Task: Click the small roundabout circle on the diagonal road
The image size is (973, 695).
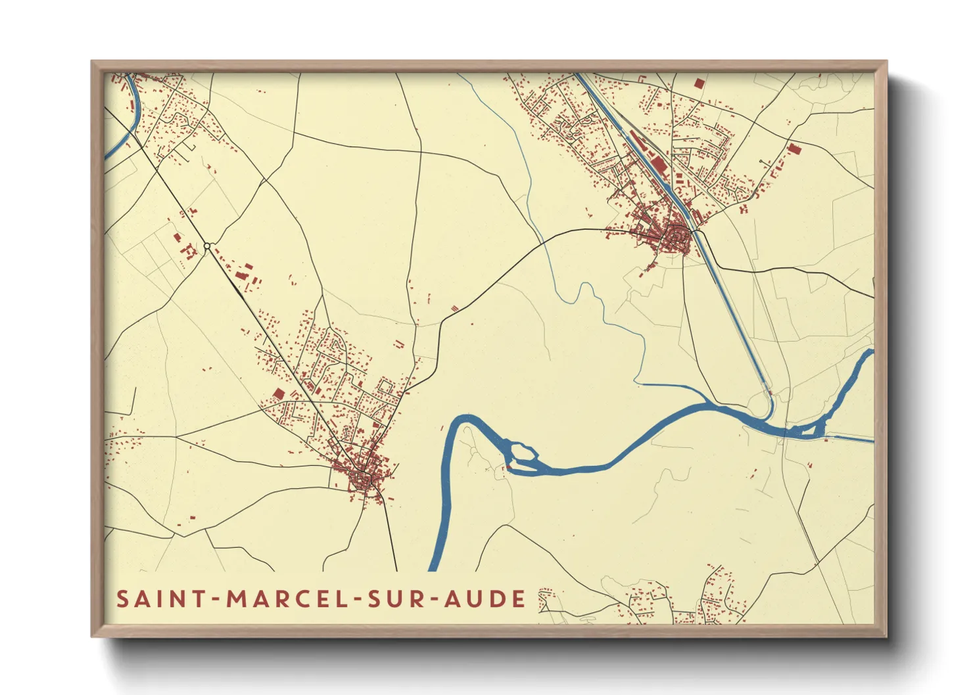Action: (x=207, y=246)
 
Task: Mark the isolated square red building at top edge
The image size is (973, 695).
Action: (x=698, y=83)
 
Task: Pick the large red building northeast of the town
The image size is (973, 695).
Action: (x=794, y=148)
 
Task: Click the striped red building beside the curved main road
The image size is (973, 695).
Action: (x=454, y=307)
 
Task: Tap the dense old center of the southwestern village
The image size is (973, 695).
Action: (x=362, y=476)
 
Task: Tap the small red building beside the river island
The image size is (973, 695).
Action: (x=508, y=468)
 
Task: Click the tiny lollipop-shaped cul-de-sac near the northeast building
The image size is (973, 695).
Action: (x=761, y=162)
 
